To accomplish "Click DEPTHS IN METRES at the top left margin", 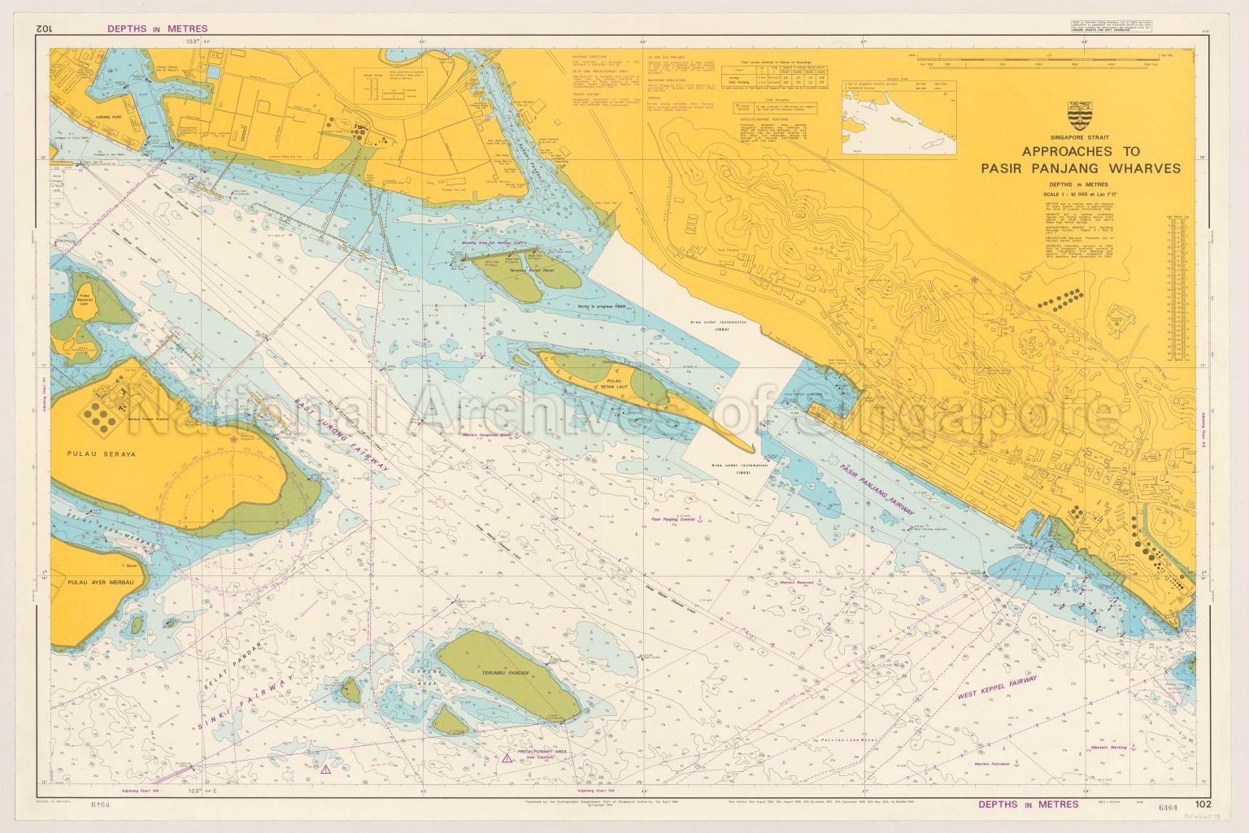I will click(157, 28).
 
